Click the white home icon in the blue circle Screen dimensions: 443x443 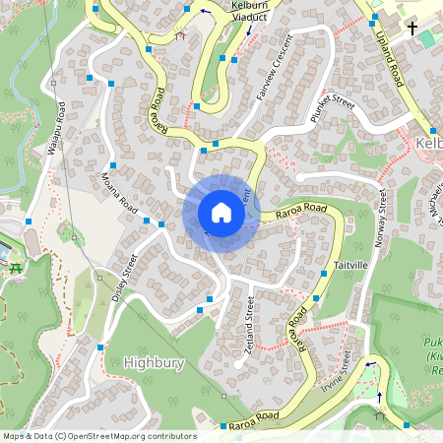[x=221, y=213]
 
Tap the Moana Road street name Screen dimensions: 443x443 [x=118, y=191]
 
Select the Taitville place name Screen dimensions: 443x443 [x=349, y=266]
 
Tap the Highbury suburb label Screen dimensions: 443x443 [x=155, y=362]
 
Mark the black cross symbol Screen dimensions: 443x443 [x=412, y=29]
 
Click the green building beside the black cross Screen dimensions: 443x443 [x=425, y=37]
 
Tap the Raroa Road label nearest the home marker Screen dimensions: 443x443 [x=301, y=209]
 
